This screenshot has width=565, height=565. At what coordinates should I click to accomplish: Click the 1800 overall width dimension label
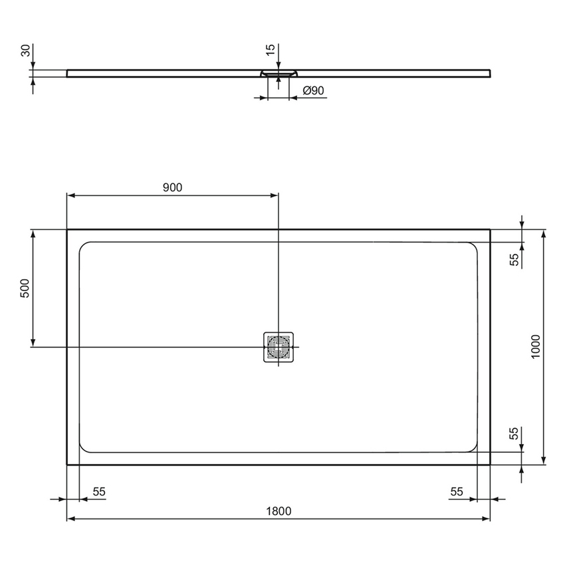[x=279, y=510]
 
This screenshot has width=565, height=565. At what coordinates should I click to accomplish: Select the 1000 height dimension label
[x=536, y=346]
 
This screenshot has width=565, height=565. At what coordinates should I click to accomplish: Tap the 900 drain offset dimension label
[x=172, y=187]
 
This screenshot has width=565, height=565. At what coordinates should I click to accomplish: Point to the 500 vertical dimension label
[x=25, y=288]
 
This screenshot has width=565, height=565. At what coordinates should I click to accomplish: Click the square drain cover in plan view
[x=279, y=347]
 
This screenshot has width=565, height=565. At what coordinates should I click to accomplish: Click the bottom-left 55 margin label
[x=99, y=491]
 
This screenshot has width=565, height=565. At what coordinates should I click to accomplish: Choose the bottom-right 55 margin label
[x=456, y=491]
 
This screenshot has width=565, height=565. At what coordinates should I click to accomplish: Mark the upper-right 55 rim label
[x=514, y=259]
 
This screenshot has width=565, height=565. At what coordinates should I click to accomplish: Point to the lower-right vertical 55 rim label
[x=514, y=434]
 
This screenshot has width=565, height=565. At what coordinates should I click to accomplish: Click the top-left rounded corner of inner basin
[x=84, y=246]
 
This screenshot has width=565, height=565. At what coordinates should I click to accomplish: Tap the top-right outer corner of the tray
[x=490, y=230]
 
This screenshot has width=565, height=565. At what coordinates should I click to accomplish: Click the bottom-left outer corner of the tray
[x=67, y=464]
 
